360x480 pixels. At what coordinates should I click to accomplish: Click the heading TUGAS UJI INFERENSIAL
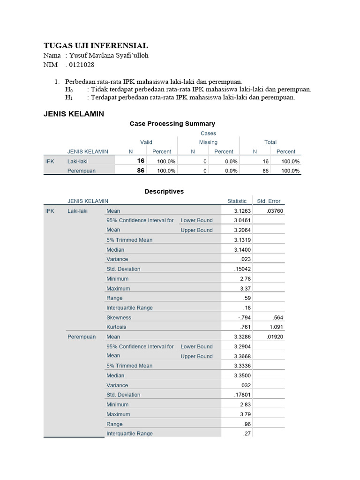(x=96, y=45)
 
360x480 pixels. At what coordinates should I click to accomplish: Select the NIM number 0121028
(x=82, y=65)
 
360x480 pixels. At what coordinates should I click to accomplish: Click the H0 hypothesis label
(x=69, y=90)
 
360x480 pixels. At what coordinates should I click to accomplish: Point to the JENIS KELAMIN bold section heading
(x=74, y=114)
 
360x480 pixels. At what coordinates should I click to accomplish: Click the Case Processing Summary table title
(x=172, y=124)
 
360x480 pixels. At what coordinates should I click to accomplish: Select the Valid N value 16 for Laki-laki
(x=141, y=161)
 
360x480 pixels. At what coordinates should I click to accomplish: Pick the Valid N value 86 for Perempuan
(x=141, y=171)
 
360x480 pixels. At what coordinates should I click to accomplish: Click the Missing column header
(x=208, y=142)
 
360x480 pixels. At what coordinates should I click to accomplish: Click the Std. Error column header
(x=269, y=201)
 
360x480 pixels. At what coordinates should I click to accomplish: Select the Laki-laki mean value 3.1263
(x=242, y=211)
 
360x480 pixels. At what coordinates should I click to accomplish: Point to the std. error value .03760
(x=275, y=211)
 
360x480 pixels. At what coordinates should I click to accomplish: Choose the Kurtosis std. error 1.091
(x=276, y=327)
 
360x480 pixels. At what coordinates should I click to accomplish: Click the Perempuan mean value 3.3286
(x=242, y=337)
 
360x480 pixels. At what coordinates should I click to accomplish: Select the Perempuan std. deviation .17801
(x=243, y=395)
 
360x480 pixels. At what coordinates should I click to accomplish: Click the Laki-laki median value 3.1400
(x=242, y=250)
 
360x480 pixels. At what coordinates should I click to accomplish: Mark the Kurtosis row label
(x=116, y=327)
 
